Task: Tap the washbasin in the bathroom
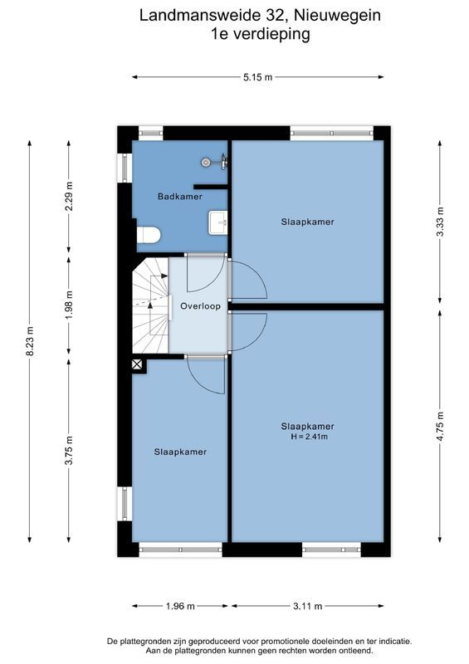click(x=217, y=222)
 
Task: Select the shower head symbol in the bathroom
click(x=208, y=163)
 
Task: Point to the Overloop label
click(x=200, y=305)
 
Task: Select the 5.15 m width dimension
click(x=258, y=77)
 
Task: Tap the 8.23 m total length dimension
click(x=30, y=340)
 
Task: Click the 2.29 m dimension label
click(x=70, y=197)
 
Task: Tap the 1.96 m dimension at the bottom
click(x=180, y=607)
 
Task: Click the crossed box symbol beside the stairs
click(x=137, y=364)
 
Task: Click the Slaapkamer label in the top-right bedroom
click(x=307, y=222)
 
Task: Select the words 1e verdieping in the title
click(x=260, y=34)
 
